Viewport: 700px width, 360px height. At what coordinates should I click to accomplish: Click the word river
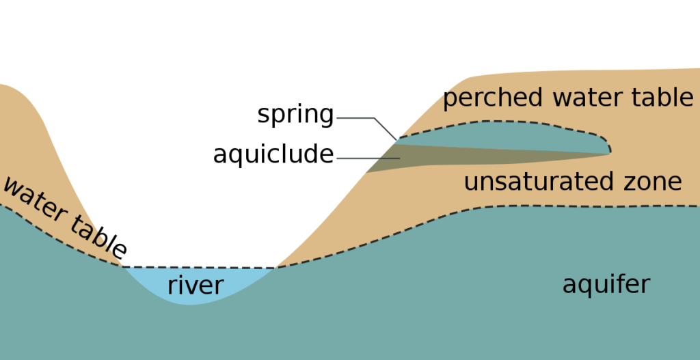coord(195,286)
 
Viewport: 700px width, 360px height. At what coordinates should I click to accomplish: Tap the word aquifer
coord(606,284)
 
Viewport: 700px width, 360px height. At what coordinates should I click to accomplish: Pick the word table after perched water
coord(660,98)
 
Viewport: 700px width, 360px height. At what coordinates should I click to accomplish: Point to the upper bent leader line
coord(355,118)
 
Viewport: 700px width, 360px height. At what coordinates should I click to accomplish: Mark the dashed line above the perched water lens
coord(492,122)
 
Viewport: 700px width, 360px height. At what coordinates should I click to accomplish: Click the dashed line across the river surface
coord(198,267)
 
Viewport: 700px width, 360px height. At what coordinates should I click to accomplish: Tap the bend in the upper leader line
coord(375,118)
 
